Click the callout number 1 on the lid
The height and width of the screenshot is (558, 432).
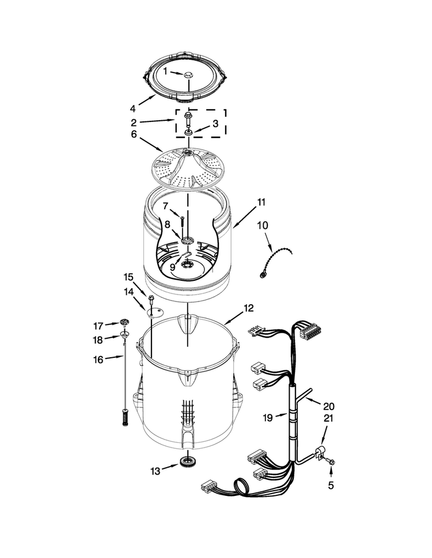(165, 71)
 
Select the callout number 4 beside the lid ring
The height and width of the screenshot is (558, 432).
(132, 108)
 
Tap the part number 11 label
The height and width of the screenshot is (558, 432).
(262, 202)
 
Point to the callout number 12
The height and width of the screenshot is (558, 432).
(248, 308)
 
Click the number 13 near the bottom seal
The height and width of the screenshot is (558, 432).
(156, 471)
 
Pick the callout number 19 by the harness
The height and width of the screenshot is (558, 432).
(268, 418)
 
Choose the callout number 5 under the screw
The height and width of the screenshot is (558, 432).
(331, 485)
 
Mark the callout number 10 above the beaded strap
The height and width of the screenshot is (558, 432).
(263, 226)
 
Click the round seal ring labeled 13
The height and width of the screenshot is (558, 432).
(187, 463)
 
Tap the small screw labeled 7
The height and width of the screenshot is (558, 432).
(182, 221)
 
